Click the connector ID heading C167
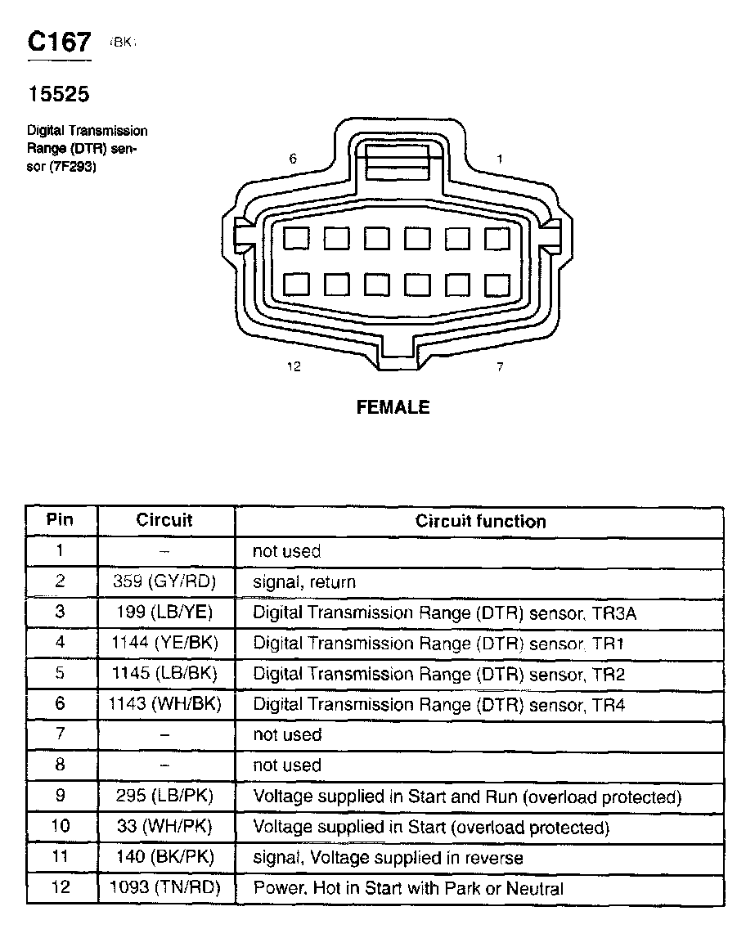pyautogui.click(x=60, y=43)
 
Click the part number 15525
pyautogui.click(x=59, y=95)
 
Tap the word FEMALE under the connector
pyautogui.click(x=393, y=407)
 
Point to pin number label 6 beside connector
pyautogui.click(x=293, y=159)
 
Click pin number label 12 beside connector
pyautogui.click(x=294, y=366)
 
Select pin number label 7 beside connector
pyautogui.click(x=500, y=366)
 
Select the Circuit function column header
pyautogui.click(x=480, y=521)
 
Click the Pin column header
pyautogui.click(x=60, y=520)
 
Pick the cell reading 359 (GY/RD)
pyautogui.click(x=165, y=582)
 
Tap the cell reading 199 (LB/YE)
pyautogui.click(x=165, y=613)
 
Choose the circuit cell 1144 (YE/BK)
pyautogui.click(x=165, y=644)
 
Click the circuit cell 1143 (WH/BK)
pyautogui.click(x=165, y=704)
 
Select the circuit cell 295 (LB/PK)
pyautogui.click(x=165, y=797)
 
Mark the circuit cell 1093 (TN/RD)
pyautogui.click(x=165, y=887)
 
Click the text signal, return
pyautogui.click(x=304, y=582)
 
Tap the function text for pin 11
pyautogui.click(x=388, y=857)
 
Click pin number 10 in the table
pyautogui.click(x=61, y=826)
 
